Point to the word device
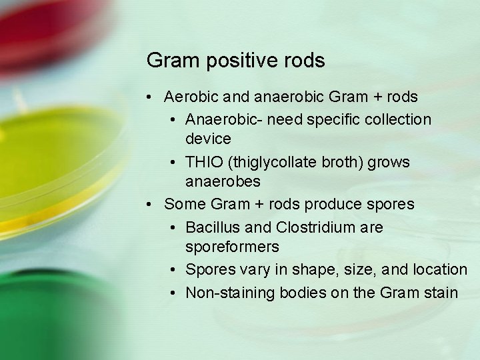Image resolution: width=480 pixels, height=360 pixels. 208,139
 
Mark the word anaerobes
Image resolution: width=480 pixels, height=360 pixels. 223,181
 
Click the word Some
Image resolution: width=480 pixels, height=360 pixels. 183,204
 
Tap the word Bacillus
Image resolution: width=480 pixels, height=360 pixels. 211,227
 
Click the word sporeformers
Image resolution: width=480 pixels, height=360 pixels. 232,247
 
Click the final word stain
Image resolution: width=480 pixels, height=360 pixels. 439,292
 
